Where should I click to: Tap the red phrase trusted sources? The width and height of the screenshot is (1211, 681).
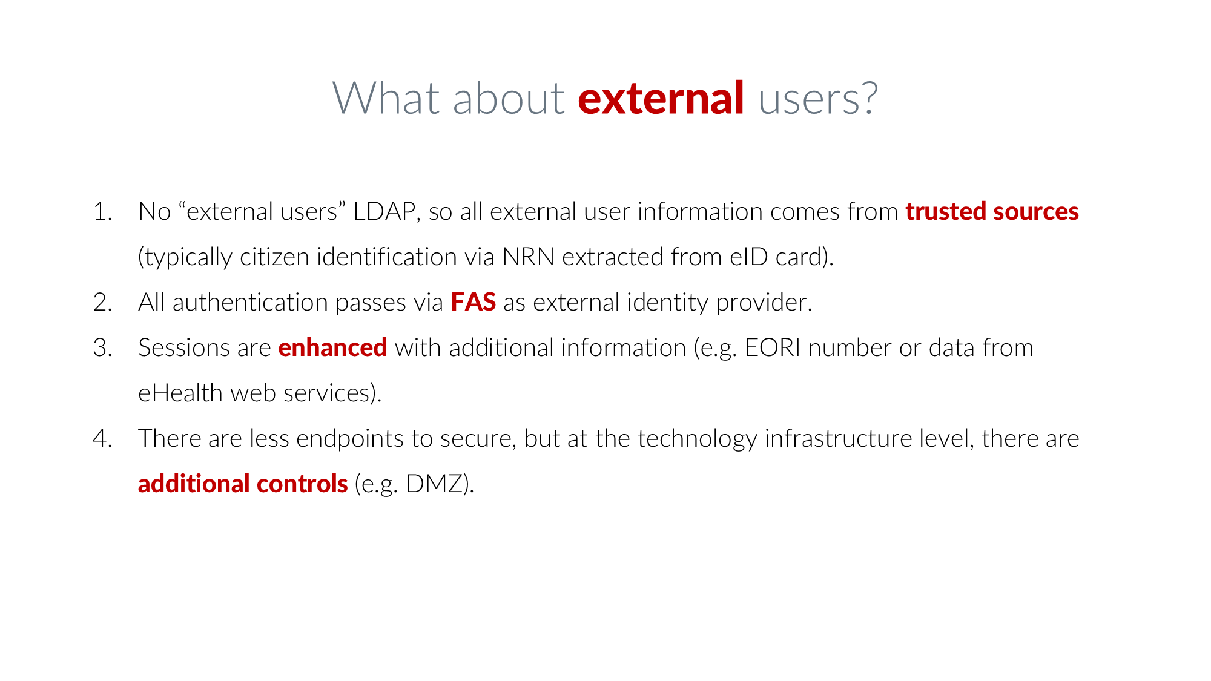[992, 212]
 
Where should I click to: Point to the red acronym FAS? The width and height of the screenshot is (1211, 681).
[474, 303]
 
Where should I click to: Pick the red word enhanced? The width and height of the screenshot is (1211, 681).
[332, 348]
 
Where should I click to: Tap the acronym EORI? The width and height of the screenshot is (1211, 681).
[773, 348]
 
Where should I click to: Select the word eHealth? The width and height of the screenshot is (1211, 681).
[180, 393]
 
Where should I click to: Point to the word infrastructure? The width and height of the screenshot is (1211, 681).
[839, 439]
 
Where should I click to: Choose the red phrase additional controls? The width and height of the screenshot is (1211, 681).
[243, 484]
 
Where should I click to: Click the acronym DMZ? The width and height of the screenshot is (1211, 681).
[434, 484]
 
